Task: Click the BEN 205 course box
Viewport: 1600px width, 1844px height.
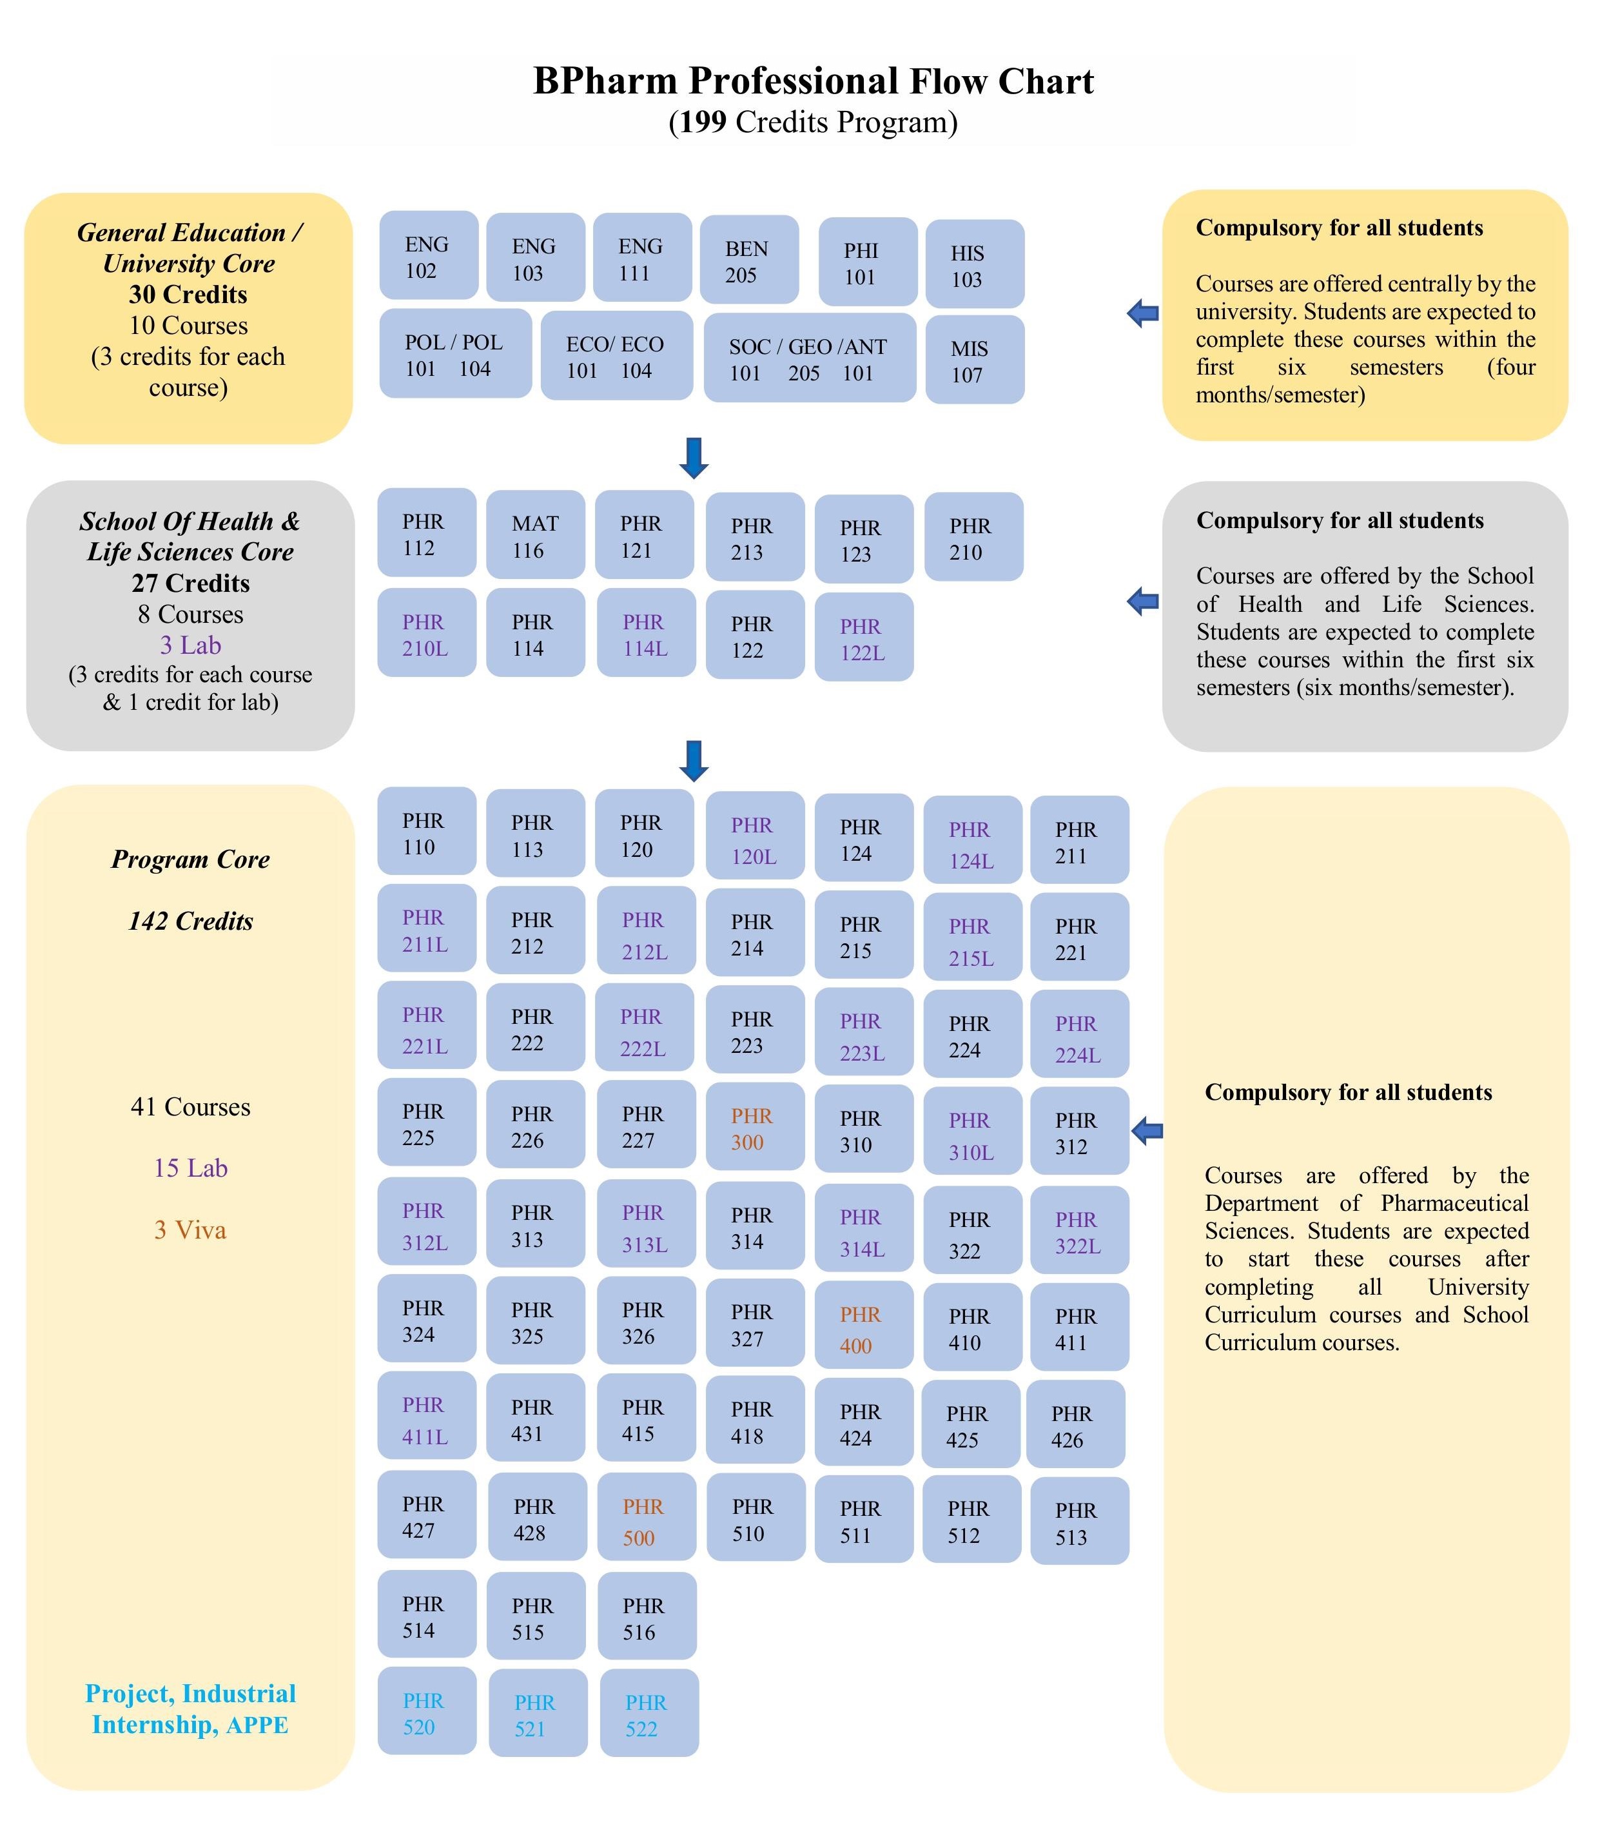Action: click(749, 259)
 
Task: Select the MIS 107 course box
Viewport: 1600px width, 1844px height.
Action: click(975, 359)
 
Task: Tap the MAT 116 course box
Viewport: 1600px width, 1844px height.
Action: click(536, 534)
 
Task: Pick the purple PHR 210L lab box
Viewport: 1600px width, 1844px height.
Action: click(427, 633)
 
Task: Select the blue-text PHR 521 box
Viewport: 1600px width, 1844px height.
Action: click(538, 1712)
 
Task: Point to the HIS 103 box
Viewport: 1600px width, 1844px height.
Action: click(975, 264)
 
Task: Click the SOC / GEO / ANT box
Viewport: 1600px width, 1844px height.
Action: click(810, 357)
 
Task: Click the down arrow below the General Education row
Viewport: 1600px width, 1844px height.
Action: click(694, 458)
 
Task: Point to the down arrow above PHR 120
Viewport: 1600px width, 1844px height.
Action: click(694, 761)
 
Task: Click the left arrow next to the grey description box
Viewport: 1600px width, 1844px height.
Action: click(1143, 601)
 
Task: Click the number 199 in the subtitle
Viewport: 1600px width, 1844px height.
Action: click(702, 123)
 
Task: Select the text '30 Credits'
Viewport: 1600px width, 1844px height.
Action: click(188, 295)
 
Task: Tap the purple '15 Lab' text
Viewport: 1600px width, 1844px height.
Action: click(190, 1168)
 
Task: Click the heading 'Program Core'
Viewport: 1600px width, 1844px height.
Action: click(190, 859)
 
